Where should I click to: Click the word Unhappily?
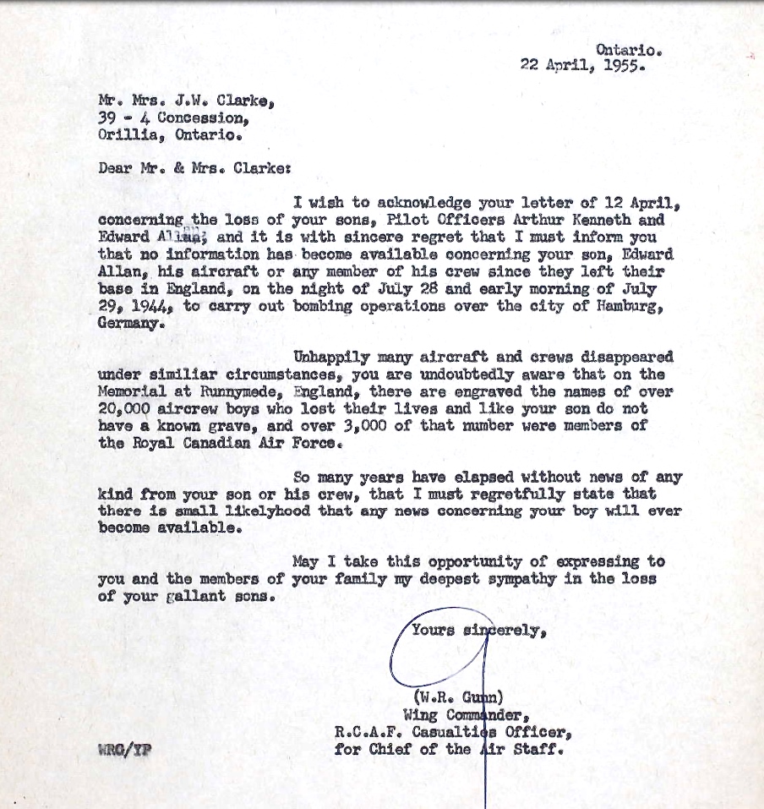pos(332,357)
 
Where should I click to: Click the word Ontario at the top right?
pos(628,50)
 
